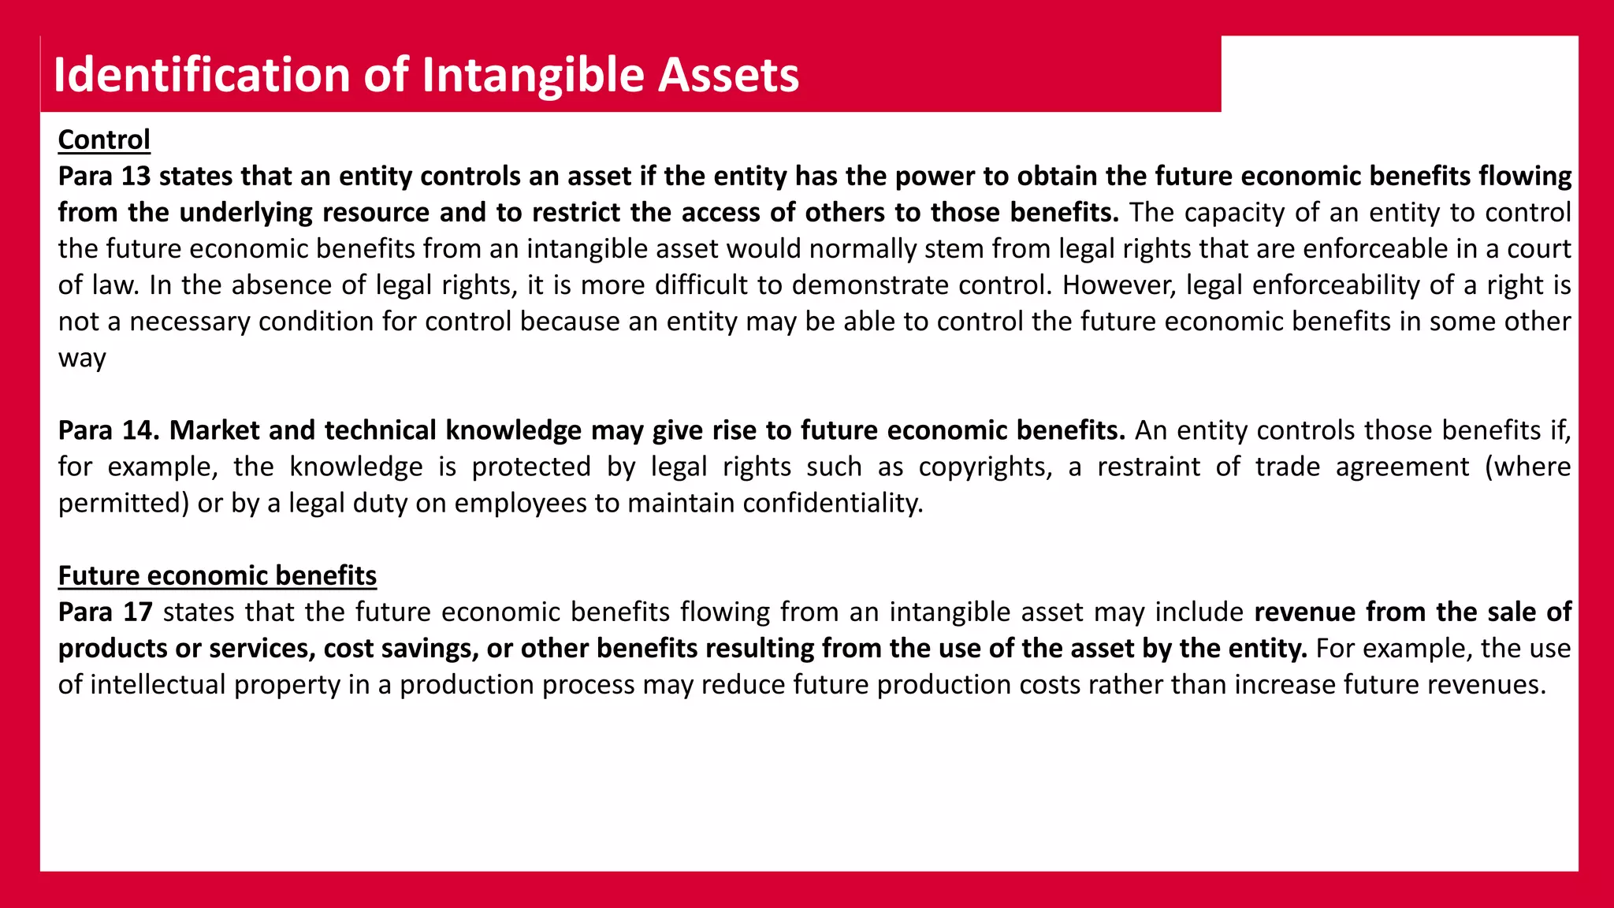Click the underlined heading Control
pos(104,140)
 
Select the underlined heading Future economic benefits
pos(218,575)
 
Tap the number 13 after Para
pos(136,176)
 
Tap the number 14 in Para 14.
pos(141,430)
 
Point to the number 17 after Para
pos(138,612)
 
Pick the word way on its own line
pos(82,358)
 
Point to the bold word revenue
pos(1305,612)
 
